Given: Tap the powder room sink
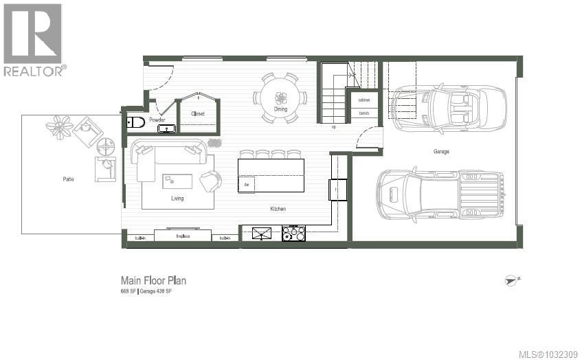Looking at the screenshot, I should pyautogui.click(x=166, y=128).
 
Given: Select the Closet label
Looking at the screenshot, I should pyautogui.click(x=198, y=114).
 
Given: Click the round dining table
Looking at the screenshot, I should pyautogui.click(x=280, y=98).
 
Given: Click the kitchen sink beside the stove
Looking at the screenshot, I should pyautogui.click(x=261, y=234).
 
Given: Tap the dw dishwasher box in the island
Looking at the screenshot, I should pyautogui.click(x=246, y=185).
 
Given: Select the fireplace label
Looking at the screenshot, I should pyautogui.click(x=183, y=236).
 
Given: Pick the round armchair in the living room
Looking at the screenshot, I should pyautogui.click(x=211, y=181).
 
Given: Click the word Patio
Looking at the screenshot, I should pyautogui.click(x=67, y=179).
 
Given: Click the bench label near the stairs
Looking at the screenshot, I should pyautogui.click(x=363, y=113).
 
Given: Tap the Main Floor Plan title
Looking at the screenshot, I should pyautogui.click(x=153, y=280).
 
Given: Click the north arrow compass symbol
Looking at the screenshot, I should pyautogui.click(x=511, y=280).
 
